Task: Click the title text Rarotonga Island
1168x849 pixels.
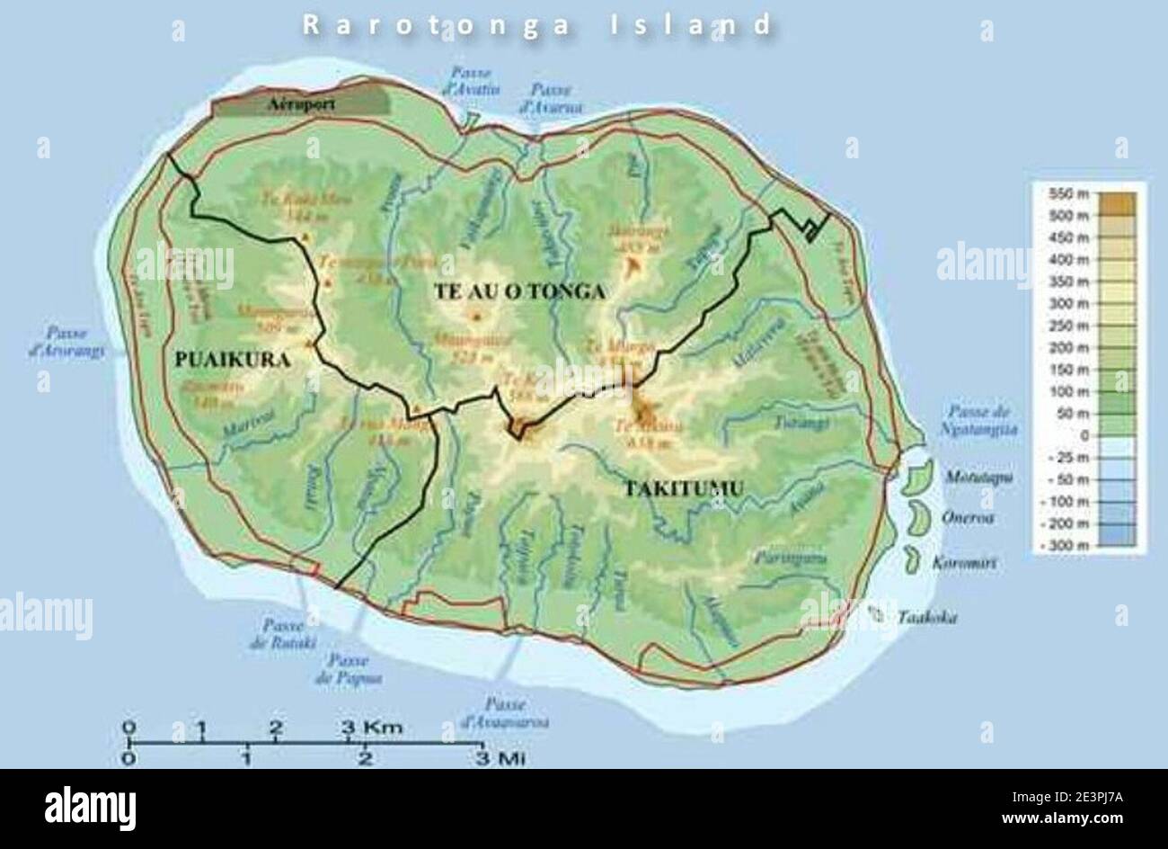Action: click(x=537, y=24)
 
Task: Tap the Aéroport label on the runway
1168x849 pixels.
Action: click(x=302, y=104)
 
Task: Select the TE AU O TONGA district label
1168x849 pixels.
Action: click(x=519, y=291)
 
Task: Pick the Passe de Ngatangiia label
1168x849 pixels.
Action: click(x=983, y=421)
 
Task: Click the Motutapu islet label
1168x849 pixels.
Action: click(x=978, y=477)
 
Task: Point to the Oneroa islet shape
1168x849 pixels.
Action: click(x=919, y=518)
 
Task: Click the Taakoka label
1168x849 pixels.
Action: click(x=927, y=618)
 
